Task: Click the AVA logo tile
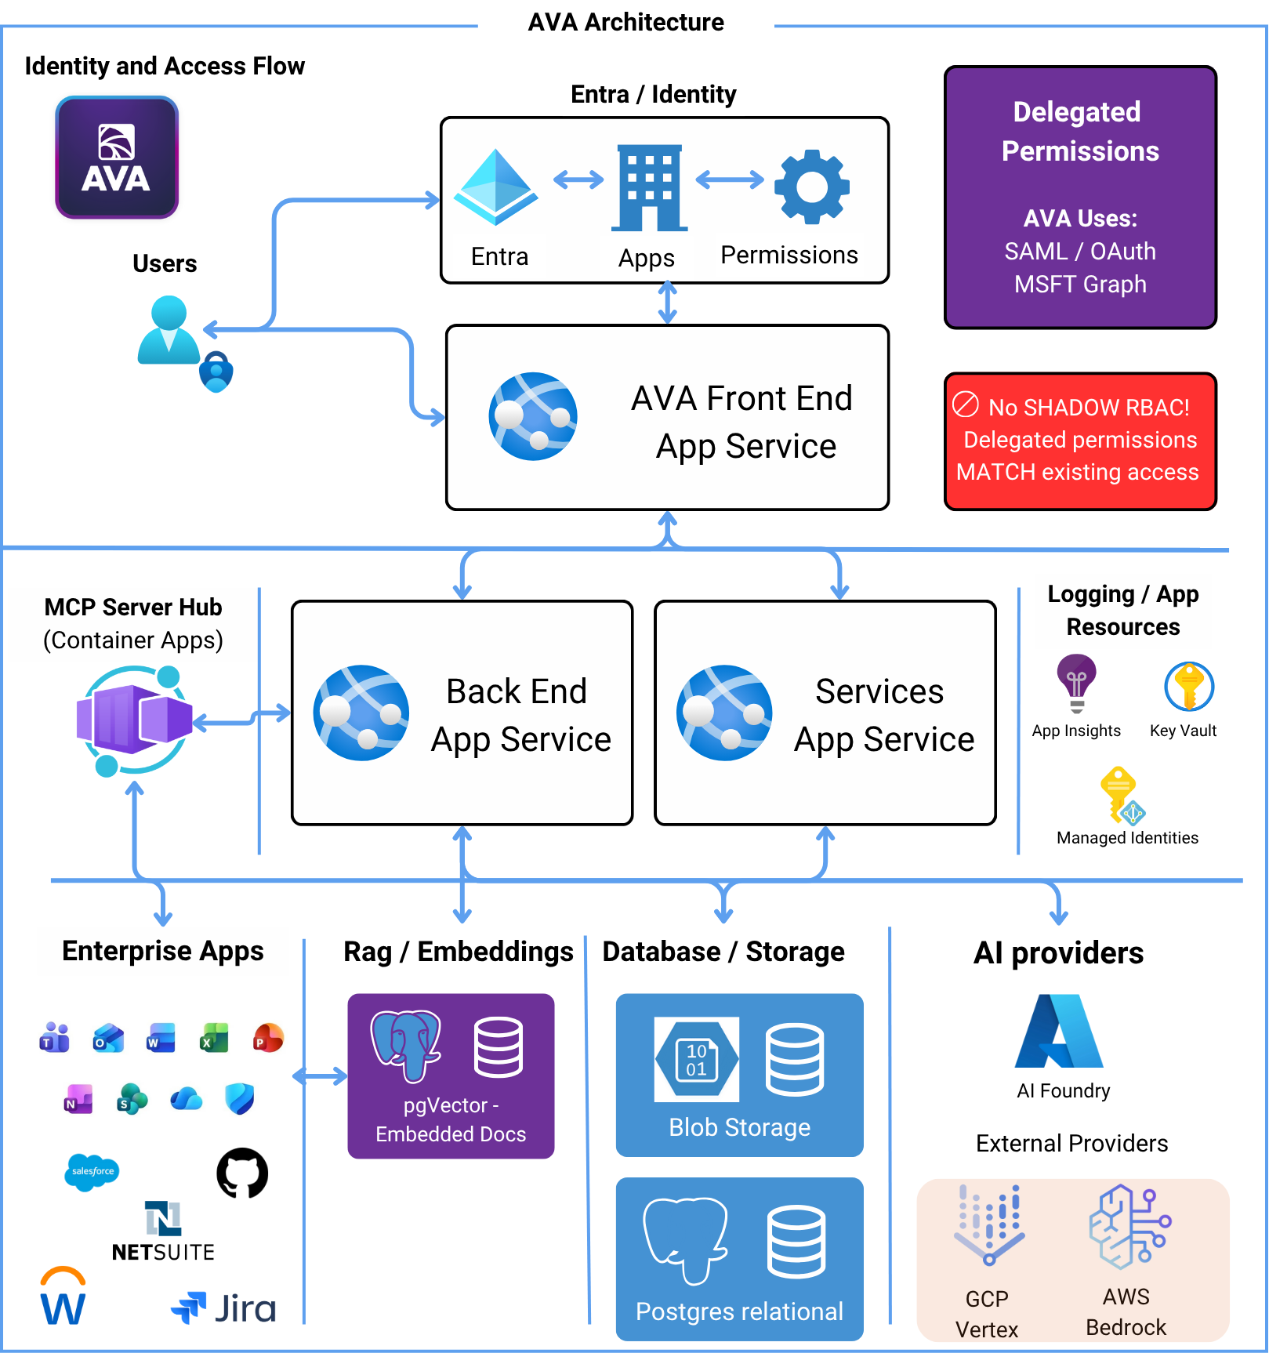[117, 158]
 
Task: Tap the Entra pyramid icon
[495, 186]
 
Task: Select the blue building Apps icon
[649, 188]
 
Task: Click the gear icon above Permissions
[811, 187]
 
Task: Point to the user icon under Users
[169, 331]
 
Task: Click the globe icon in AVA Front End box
[533, 416]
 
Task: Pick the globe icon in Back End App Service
[361, 713]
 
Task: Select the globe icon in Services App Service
[724, 713]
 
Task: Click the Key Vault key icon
[1188, 686]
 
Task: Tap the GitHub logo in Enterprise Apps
[242, 1173]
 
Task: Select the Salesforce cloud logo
[92, 1171]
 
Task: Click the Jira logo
[223, 1308]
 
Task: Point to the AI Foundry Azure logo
[1059, 1032]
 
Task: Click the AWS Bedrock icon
[1128, 1227]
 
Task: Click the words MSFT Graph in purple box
[1079, 284]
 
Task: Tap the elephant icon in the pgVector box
[405, 1044]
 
